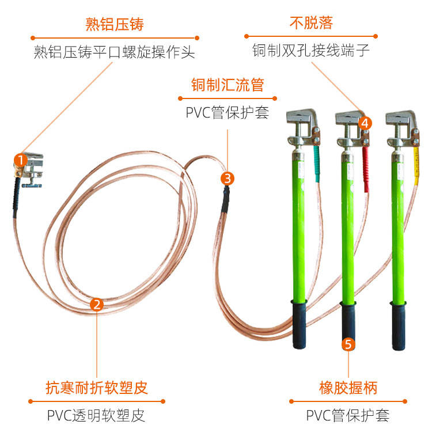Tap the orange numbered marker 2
(97, 305)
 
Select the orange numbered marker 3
(228, 178)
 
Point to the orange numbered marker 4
(365, 123)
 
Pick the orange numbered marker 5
(348, 344)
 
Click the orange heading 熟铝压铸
(114, 24)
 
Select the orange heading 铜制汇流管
(228, 85)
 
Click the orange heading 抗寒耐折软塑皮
(97, 388)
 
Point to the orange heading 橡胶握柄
(348, 388)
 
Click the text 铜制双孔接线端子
(310, 51)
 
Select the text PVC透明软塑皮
(96, 415)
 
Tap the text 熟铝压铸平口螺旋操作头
(114, 52)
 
